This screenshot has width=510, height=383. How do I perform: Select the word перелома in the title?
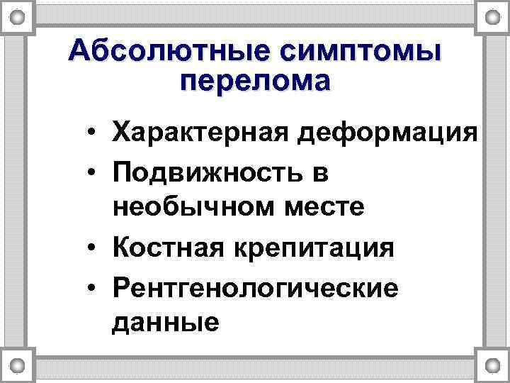point(255,81)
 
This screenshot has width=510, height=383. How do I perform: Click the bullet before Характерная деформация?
point(93,133)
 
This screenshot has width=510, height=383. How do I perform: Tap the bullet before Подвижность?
point(93,172)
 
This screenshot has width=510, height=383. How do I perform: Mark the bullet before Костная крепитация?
point(93,248)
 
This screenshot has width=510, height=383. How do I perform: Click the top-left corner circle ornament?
point(18,16)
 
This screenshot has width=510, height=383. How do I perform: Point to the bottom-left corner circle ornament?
point(18,366)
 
